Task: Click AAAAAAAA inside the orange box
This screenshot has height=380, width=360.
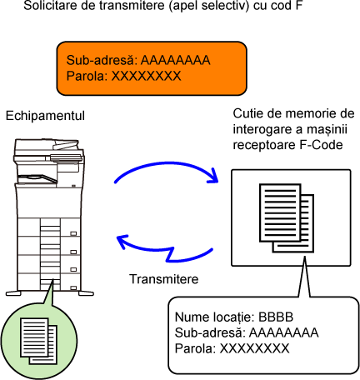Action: tap(176, 60)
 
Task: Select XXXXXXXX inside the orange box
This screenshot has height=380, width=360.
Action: tap(146, 76)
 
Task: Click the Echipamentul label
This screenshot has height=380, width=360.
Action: tap(45, 116)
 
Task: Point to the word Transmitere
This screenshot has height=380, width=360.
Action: tap(164, 279)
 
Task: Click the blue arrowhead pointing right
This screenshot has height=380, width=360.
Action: tap(212, 176)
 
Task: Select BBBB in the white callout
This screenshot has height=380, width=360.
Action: tap(276, 317)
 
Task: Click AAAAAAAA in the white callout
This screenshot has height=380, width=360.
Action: tap(283, 332)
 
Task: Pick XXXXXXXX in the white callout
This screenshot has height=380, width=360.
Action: tap(254, 348)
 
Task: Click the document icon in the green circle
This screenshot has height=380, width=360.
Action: tap(39, 341)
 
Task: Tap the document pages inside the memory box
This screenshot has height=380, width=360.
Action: tap(287, 218)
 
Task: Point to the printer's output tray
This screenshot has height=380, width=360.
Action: tap(37, 179)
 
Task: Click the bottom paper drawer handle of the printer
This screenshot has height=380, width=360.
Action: tap(73, 288)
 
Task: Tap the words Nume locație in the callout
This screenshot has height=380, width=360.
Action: tap(214, 317)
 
